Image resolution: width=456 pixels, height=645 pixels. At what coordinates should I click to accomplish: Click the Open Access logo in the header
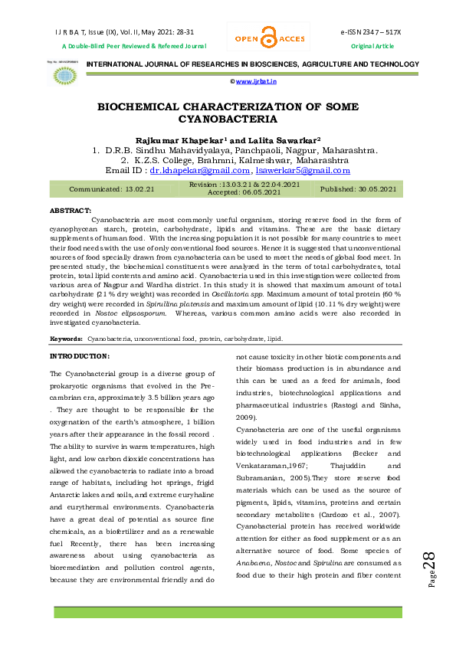point(267,38)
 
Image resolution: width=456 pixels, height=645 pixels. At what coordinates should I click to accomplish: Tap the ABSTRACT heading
point(71,209)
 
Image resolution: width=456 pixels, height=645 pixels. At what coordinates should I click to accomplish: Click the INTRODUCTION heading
point(80,356)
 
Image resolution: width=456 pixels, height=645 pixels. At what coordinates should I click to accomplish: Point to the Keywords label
point(66,338)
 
